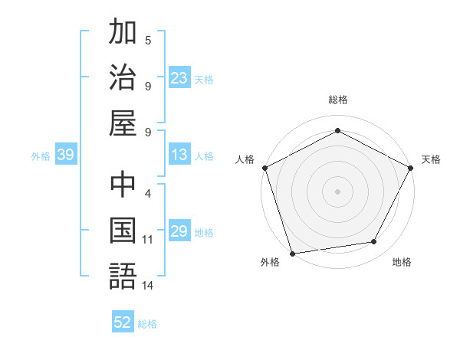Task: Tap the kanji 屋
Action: (123, 123)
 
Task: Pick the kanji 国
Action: (123, 231)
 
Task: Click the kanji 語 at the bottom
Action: (123, 277)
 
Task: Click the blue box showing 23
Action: (179, 78)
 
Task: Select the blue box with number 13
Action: (179, 155)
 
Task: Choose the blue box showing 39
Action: (65, 155)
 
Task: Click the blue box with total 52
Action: (123, 323)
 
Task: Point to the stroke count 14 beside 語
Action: (148, 286)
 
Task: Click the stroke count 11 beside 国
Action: (148, 240)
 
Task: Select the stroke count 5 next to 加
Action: (148, 40)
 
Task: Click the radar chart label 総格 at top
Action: (337, 100)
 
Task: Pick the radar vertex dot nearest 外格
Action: (292, 254)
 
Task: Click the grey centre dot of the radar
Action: (337, 191)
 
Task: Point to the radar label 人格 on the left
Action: (245, 160)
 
